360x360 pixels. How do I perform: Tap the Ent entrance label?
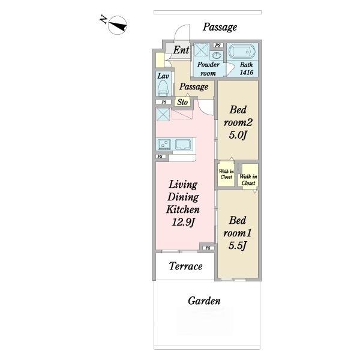pyautogui.click(x=181, y=50)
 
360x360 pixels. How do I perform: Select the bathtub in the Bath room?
pyautogui.click(x=242, y=52)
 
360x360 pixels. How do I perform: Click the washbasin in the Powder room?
pyautogui.click(x=216, y=56)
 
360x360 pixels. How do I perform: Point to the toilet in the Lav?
pyautogui.click(x=163, y=88)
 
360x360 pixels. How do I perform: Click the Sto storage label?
pyautogui.click(x=182, y=102)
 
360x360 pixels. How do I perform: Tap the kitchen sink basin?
pyautogui.click(x=183, y=145)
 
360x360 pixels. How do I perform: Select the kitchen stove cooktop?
pyautogui.click(x=164, y=145)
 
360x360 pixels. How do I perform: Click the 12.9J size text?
pyautogui.click(x=183, y=222)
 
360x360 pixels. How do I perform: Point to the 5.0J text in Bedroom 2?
pyautogui.click(x=238, y=135)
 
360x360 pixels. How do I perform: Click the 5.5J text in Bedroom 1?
pyautogui.click(x=238, y=245)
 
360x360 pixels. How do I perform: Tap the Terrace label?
pyautogui.click(x=186, y=266)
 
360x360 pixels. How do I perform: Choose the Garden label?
pyautogui.click(x=204, y=301)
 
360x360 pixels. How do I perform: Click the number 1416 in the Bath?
pyautogui.click(x=247, y=73)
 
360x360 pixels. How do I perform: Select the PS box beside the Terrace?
pyautogui.click(x=208, y=248)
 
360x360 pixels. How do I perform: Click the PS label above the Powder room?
pyautogui.click(x=218, y=46)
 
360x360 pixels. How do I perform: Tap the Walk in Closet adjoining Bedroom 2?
pyautogui.click(x=226, y=174)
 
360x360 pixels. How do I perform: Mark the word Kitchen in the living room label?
pyautogui.click(x=183, y=209)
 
